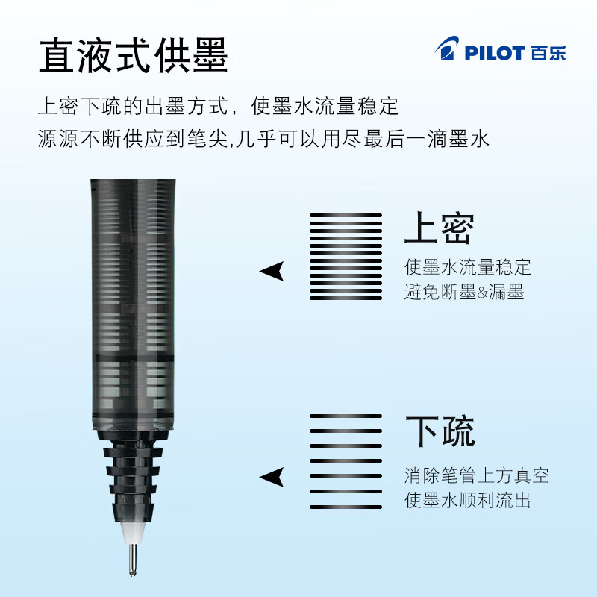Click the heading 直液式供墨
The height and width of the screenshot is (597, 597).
tap(134, 55)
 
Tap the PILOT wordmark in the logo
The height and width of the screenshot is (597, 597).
tap(495, 53)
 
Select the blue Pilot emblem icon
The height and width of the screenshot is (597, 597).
tap(447, 48)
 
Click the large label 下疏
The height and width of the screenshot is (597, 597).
tap(440, 431)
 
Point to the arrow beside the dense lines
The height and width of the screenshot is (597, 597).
tap(272, 271)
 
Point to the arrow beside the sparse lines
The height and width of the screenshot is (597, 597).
tap(272, 477)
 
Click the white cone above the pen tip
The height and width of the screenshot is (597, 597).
tap(133, 533)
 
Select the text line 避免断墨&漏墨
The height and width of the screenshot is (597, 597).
tap(464, 292)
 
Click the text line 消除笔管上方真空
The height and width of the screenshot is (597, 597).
tap(477, 475)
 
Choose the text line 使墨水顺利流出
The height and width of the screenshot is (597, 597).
tap(468, 500)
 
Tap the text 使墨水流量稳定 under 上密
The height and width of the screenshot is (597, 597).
tap(468, 267)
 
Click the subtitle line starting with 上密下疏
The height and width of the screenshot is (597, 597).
tap(218, 106)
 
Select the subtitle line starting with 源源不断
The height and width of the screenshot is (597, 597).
tap(263, 138)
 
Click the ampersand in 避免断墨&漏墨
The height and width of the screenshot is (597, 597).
tap(482, 293)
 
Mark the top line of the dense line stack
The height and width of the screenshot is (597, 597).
tap(346, 216)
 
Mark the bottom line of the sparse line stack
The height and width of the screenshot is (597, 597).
tap(346, 507)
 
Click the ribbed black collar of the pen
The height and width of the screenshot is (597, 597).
tap(133, 477)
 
